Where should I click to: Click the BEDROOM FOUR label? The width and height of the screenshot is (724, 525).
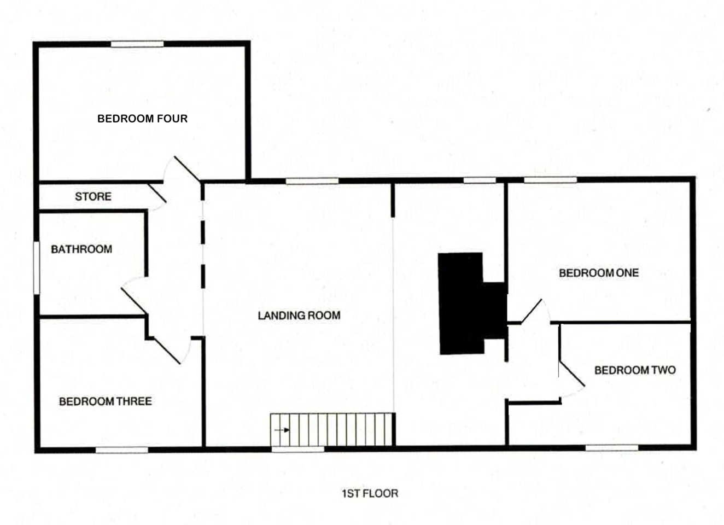(x=143, y=119)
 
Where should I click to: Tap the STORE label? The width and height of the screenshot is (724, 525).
(x=93, y=196)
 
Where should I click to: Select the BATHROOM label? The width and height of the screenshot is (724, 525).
(x=82, y=249)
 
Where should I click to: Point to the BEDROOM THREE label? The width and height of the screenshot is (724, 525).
(x=106, y=401)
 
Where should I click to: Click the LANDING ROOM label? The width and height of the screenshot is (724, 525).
(x=299, y=315)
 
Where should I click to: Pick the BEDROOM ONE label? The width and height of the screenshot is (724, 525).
(x=599, y=272)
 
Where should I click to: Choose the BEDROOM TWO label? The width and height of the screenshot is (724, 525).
(x=635, y=370)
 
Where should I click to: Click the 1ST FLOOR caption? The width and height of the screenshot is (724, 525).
(x=370, y=493)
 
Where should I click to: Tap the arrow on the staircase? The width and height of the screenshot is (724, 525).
(x=282, y=430)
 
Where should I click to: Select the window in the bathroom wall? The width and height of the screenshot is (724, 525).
(x=37, y=268)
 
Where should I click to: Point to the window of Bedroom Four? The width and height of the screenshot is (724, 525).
(x=137, y=44)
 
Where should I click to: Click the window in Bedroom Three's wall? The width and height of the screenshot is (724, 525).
(x=122, y=450)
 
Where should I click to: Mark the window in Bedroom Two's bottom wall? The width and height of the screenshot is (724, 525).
(x=612, y=448)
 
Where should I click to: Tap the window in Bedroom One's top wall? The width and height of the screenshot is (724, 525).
(x=550, y=180)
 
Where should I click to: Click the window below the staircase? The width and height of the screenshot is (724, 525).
(x=297, y=449)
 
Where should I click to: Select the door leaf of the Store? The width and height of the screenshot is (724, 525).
(x=157, y=193)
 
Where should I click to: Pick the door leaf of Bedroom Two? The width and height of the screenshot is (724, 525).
(x=572, y=374)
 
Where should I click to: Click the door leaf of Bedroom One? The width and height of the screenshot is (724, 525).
(x=532, y=311)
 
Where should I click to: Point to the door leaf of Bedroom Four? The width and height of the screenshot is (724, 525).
(x=188, y=168)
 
